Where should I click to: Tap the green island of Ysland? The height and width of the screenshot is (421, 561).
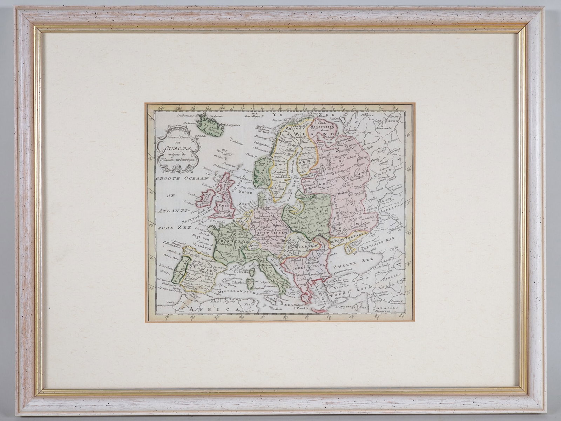point(209,123)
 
